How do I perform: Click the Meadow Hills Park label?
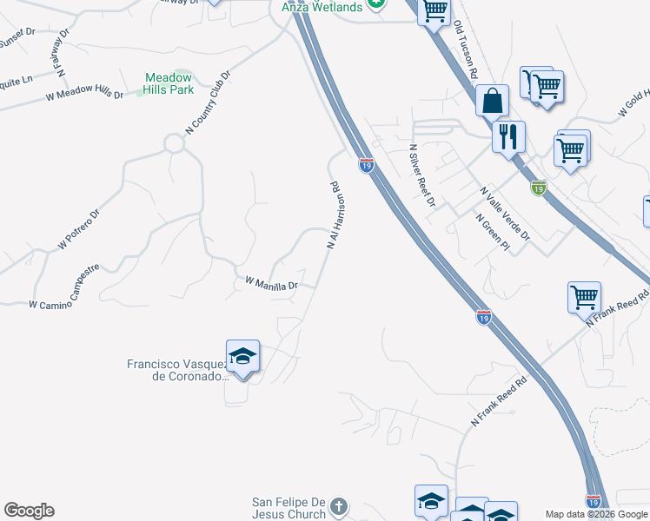tap(169, 82)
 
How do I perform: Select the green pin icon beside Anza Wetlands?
tap(375, 4)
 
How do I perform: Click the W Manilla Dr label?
tap(271, 283)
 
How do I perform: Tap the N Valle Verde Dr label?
tap(505, 212)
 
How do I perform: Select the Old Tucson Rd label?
tap(466, 51)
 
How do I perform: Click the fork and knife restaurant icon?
tap(508, 136)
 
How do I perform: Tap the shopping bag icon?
tap(493, 101)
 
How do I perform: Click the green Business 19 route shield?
tap(539, 187)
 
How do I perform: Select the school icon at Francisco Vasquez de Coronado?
tap(243, 357)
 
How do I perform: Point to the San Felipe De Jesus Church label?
tap(288, 507)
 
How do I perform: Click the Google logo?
tap(29, 511)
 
